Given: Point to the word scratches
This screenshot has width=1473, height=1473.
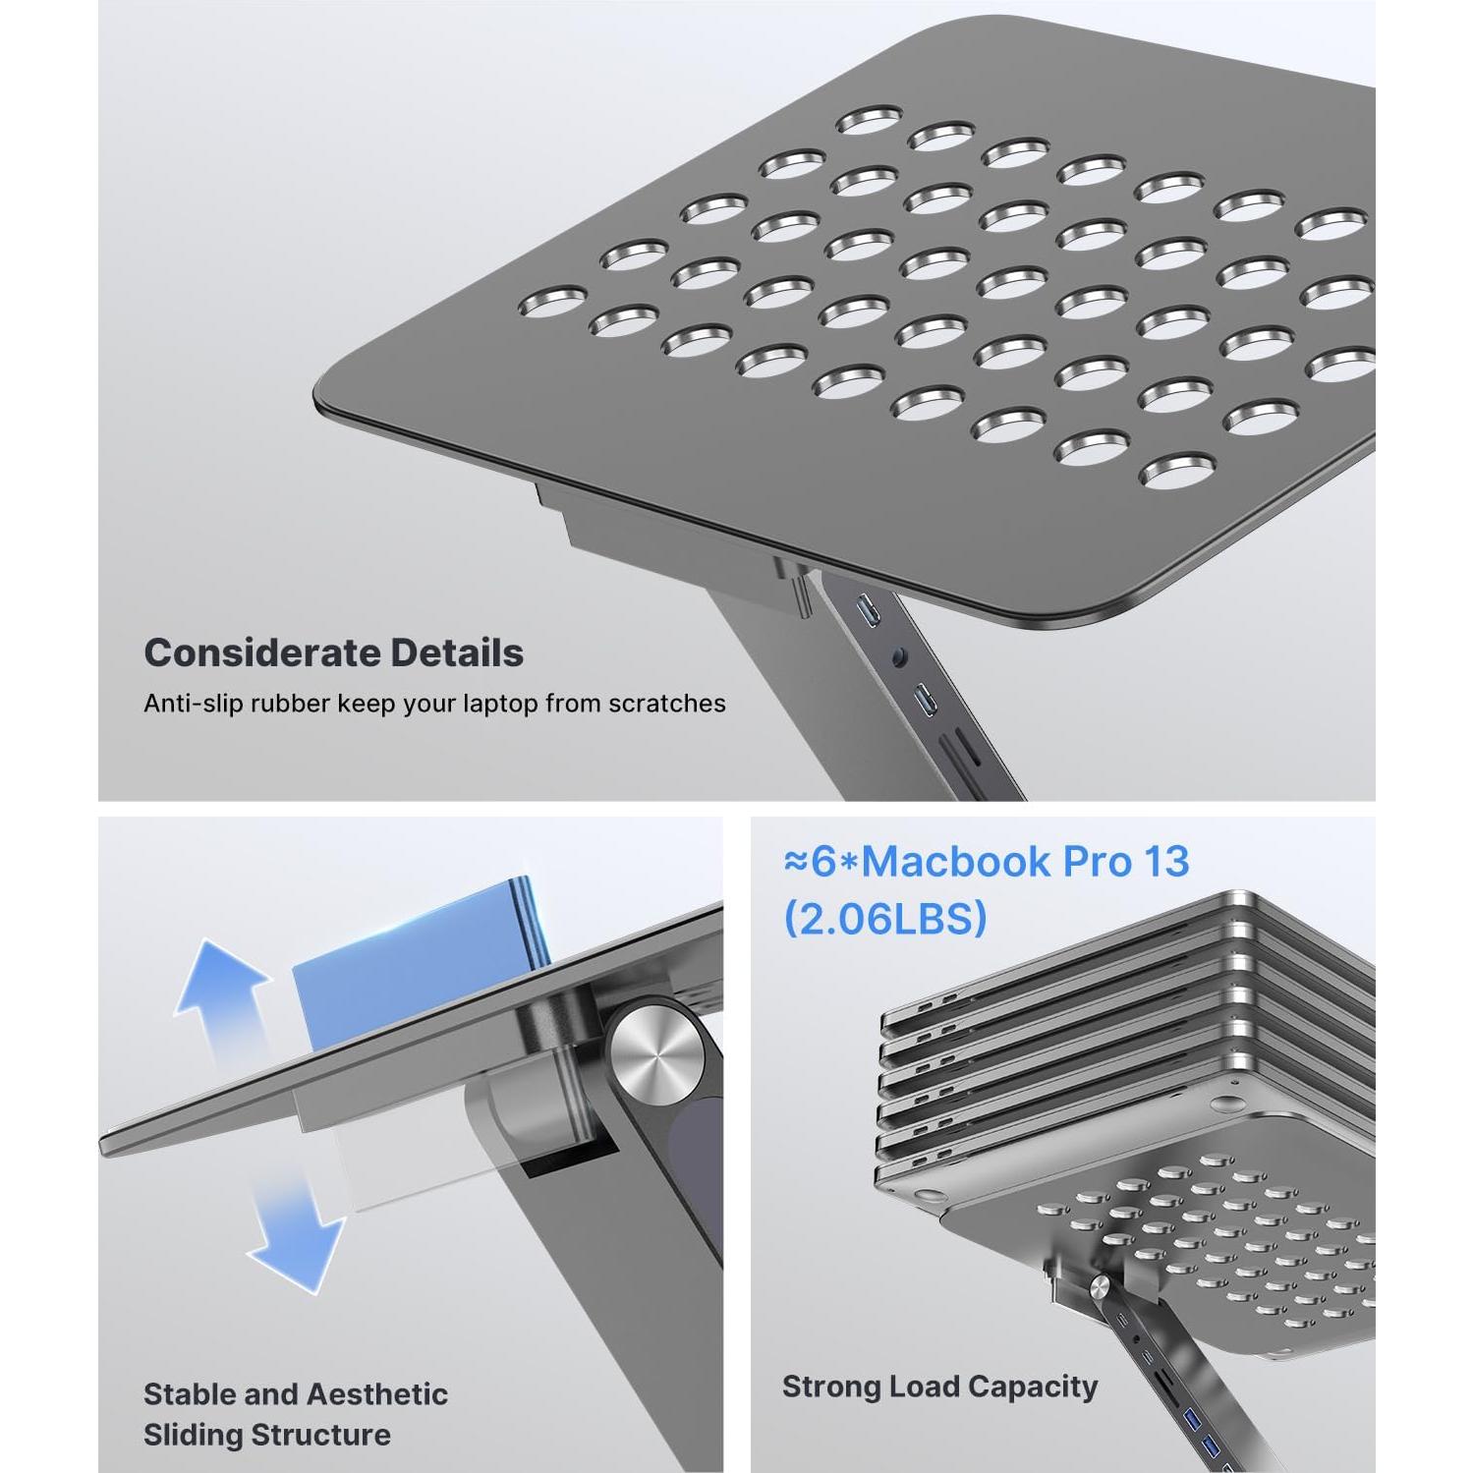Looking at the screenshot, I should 666,704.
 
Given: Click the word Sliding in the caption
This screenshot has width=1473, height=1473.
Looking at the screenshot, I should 193,1435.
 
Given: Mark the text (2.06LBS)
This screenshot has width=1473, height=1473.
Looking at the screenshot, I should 884,919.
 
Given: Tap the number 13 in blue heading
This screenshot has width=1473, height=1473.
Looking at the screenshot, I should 1165,862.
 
